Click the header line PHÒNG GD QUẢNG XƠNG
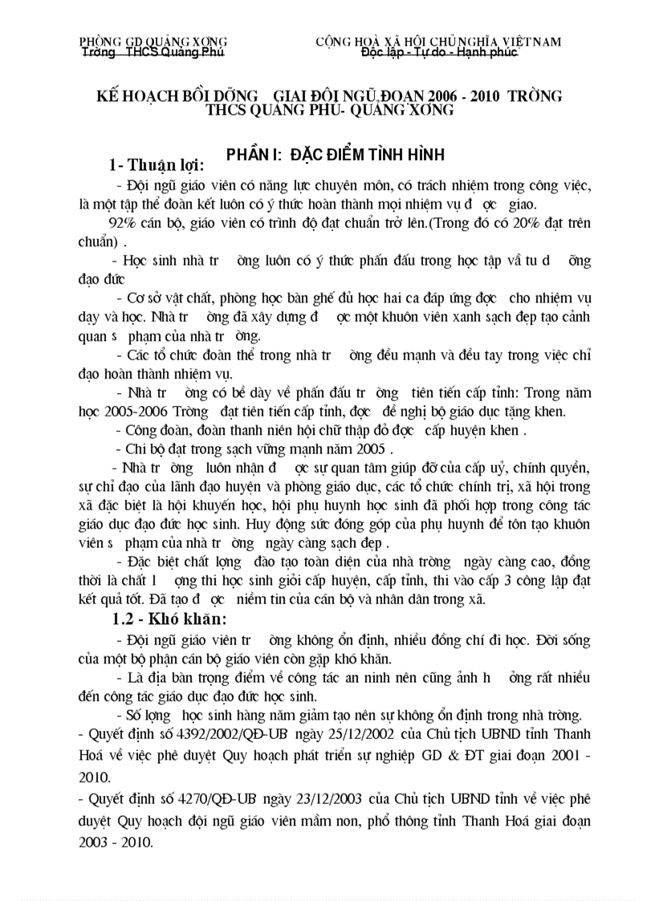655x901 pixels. pyautogui.click(x=153, y=41)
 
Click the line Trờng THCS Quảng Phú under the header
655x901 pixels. pyautogui.click(x=153, y=52)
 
